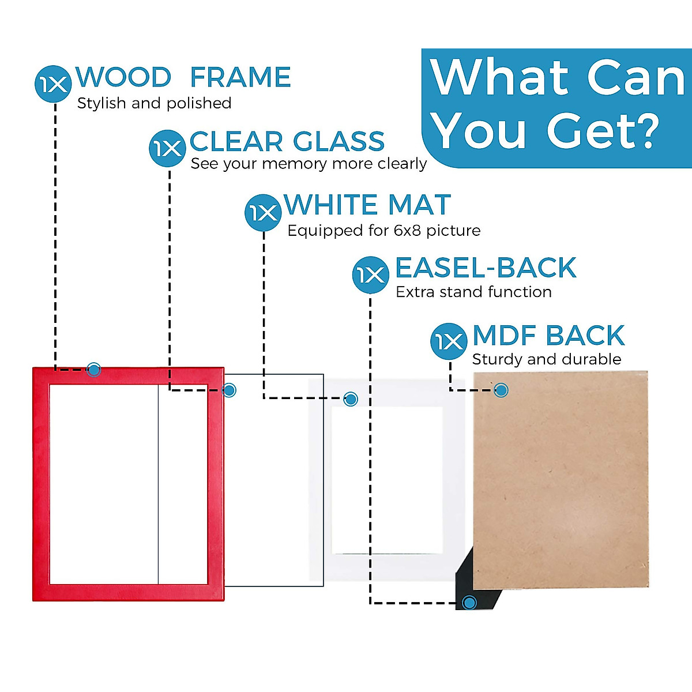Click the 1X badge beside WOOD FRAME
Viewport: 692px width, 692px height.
tap(53, 85)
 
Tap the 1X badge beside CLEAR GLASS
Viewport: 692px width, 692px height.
tap(167, 149)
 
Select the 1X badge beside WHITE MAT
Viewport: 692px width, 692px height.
tap(263, 213)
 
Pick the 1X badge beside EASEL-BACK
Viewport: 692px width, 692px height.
tap(370, 274)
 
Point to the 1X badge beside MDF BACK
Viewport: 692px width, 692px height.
tap(449, 341)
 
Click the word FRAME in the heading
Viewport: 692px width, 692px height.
tap(240, 77)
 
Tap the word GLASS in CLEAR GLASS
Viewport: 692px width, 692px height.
tap(339, 141)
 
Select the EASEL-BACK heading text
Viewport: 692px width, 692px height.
tap(486, 268)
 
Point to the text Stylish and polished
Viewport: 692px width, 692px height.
tap(154, 103)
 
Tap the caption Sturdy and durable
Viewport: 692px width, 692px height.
tap(546, 359)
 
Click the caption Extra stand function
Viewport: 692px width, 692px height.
tap(473, 292)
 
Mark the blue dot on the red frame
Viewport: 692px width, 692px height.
tap(93, 370)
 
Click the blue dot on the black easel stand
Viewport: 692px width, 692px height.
tap(469, 603)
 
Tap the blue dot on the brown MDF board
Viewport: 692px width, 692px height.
tap(501, 390)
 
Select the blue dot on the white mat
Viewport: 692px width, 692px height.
tap(351, 398)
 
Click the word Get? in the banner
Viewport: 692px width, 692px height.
tap(603, 131)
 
